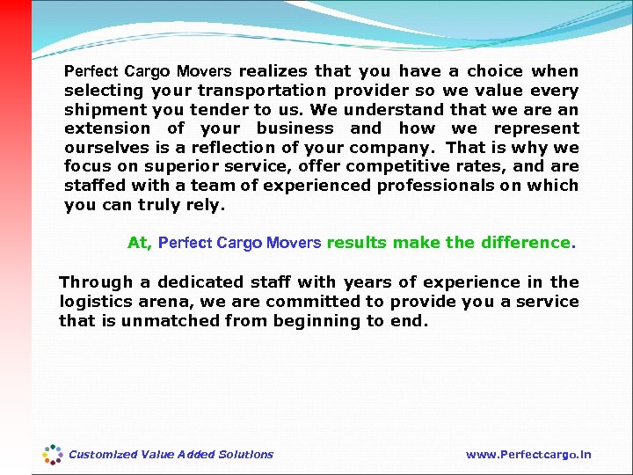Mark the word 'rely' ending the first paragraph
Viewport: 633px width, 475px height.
(x=207, y=206)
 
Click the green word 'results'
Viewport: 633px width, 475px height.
(x=356, y=243)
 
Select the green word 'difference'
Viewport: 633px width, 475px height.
(x=526, y=243)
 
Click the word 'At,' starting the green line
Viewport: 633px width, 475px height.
(x=140, y=243)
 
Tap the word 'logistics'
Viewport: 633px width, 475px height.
(x=93, y=302)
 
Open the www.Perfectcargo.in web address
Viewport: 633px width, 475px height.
(x=527, y=455)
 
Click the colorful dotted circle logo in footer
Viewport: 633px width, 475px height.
(x=53, y=455)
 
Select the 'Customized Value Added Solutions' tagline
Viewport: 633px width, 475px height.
(x=171, y=455)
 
